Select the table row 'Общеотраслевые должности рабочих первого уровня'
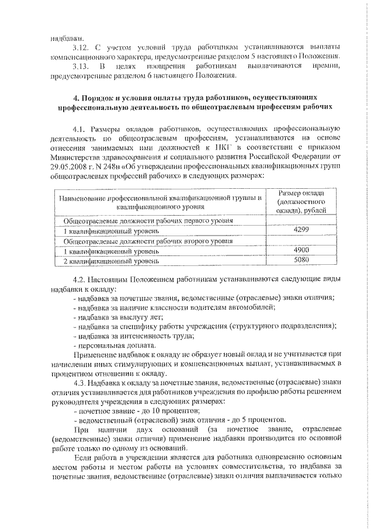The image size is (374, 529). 148,221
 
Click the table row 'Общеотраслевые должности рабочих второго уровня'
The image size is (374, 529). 148,241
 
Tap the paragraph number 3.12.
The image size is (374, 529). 82,46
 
